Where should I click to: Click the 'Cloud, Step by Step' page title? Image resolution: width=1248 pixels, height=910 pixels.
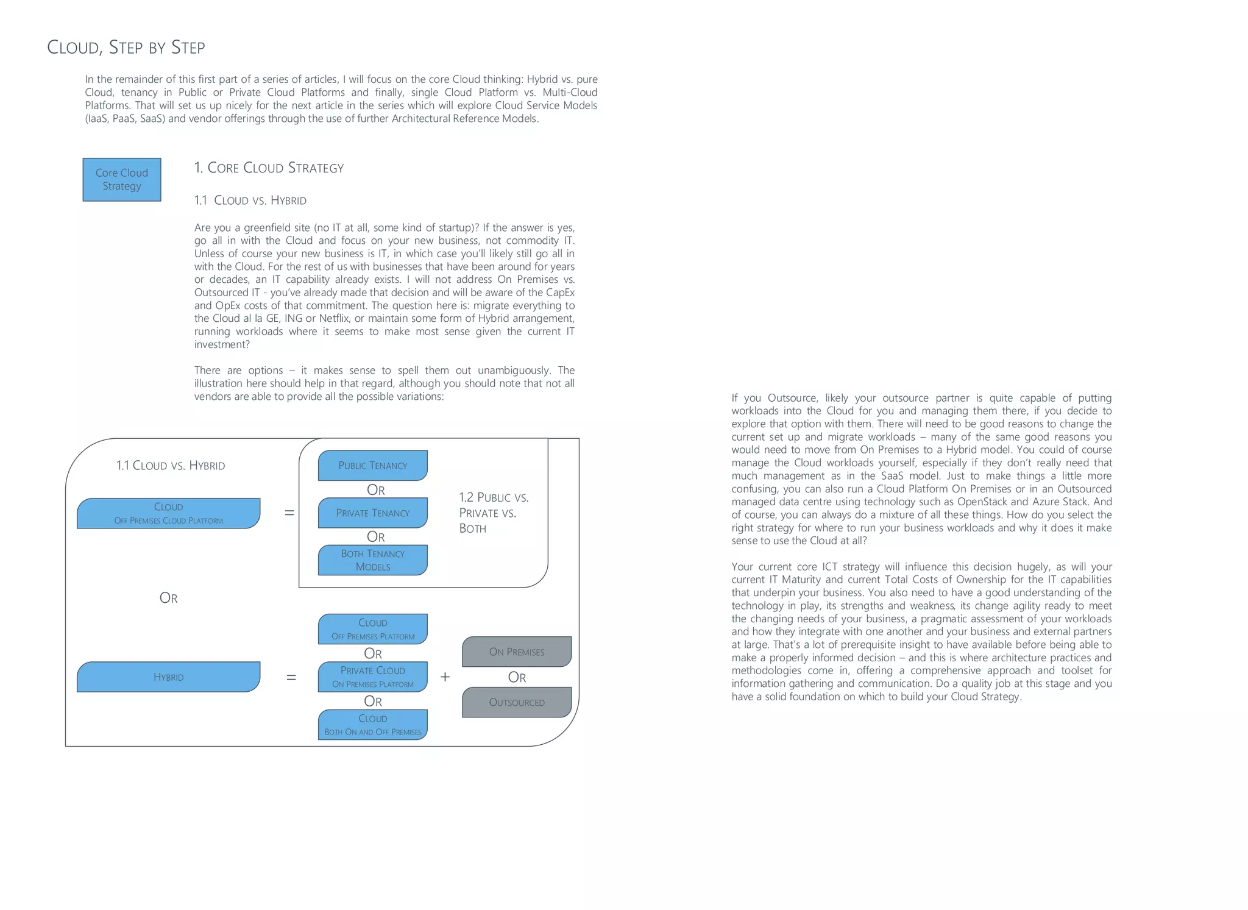coord(126,48)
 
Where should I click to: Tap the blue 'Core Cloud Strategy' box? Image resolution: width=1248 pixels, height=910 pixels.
coord(122,180)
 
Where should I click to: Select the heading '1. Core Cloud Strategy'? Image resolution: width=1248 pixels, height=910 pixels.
coord(269,168)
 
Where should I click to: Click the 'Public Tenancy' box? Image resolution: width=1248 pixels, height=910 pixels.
coord(372,466)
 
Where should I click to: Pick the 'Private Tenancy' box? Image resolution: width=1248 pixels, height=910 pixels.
coord(372,513)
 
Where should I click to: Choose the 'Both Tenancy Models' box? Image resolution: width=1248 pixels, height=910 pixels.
coord(372,560)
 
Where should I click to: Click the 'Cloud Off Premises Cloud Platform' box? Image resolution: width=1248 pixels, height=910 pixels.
coord(168,513)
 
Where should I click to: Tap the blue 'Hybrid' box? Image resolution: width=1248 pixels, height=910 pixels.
coord(168,677)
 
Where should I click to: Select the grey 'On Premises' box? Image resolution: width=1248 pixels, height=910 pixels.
coord(517,652)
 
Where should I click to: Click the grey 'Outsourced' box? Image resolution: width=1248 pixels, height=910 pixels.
coord(517,703)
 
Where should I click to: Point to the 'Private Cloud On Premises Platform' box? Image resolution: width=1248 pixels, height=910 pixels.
coord(372,677)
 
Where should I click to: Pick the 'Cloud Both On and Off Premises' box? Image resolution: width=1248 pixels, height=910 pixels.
coord(372,725)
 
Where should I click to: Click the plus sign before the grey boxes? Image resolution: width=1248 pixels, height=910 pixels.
coord(445,677)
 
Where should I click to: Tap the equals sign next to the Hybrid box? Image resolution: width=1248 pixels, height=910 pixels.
coord(291,677)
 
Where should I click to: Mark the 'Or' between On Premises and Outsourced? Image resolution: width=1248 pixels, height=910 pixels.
coord(517,678)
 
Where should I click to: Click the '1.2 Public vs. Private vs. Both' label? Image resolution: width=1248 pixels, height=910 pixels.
coord(493,513)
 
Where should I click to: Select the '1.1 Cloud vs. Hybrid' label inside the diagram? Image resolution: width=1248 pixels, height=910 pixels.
coord(171,466)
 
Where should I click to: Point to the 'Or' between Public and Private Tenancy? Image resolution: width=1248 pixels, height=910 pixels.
coord(375,490)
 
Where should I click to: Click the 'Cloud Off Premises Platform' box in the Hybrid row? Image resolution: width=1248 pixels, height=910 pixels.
coord(372,629)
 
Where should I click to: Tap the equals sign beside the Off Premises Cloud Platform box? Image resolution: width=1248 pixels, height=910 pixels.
coord(289,513)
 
